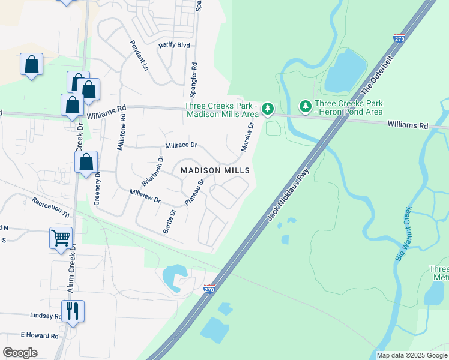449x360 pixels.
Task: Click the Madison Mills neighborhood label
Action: coord(215,171)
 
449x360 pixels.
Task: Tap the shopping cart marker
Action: coord(61,238)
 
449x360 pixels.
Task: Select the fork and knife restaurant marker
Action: coord(73,311)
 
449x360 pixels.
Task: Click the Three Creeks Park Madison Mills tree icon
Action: coord(268,109)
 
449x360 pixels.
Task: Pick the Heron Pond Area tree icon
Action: coord(306,107)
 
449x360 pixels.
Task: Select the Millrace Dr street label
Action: coord(181,146)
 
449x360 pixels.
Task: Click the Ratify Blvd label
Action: coord(174,45)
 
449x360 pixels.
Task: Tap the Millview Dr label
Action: coord(145,195)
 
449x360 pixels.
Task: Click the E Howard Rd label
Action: coord(39,335)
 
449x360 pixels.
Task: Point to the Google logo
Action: coord(20,353)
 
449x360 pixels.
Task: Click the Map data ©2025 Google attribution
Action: coord(412,355)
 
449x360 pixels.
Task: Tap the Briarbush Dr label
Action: coord(153,171)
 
